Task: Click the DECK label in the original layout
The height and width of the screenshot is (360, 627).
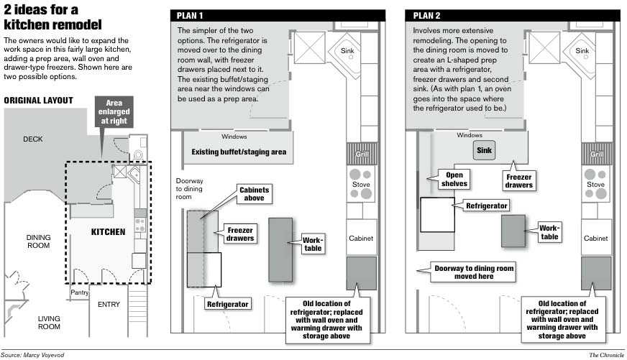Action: (32, 139)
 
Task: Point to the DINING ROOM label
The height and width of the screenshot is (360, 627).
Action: (38, 241)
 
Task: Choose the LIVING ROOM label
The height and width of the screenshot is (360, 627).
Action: (48, 323)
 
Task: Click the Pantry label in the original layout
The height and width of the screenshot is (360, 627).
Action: (79, 292)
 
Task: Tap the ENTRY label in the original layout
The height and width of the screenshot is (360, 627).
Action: (109, 304)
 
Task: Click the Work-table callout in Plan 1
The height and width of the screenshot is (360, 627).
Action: (313, 243)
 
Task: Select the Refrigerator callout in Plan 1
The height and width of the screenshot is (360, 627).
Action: (227, 304)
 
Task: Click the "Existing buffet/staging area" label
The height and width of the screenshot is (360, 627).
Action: (239, 152)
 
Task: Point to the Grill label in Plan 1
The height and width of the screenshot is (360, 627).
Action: (361, 154)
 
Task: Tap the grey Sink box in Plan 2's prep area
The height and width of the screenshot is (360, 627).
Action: (483, 151)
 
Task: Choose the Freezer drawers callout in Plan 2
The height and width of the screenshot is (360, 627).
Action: (518, 180)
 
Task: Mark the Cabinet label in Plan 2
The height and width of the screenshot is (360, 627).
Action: (596, 239)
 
